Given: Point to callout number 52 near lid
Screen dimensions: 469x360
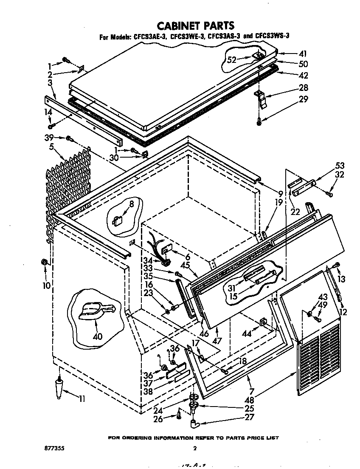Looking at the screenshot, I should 231,60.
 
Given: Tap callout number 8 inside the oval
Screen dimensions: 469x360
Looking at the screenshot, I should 132,204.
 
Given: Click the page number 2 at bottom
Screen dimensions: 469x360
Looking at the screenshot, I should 194,448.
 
